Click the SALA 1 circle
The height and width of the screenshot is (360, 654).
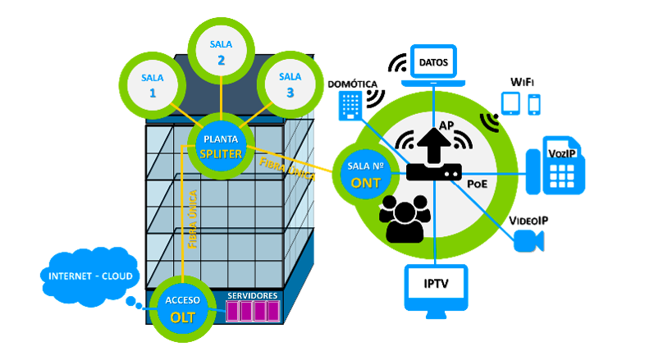point(153,84)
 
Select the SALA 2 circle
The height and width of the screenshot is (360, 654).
point(221,51)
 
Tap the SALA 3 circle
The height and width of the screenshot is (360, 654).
point(290,84)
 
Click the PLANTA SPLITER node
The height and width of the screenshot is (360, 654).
point(220,145)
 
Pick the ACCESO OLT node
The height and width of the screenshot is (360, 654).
point(182,308)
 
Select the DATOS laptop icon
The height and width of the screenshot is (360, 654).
point(433,65)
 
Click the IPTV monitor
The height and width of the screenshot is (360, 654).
point(436,288)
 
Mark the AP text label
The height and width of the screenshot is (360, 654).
point(447,125)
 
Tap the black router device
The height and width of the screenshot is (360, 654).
point(433,172)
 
